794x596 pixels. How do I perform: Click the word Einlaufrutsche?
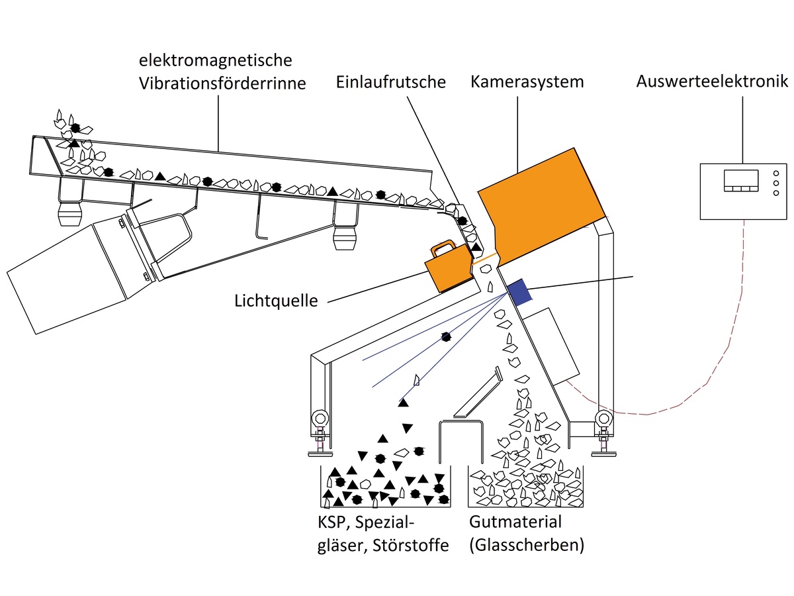tap(390, 82)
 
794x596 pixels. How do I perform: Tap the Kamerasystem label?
tap(527, 82)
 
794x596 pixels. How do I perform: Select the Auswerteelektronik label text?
tap(711, 81)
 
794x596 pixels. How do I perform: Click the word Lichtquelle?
tap(276, 301)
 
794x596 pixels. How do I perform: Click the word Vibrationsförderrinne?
tap(222, 83)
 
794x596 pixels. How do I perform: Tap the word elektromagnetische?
tap(215, 60)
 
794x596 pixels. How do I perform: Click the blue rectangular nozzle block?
tap(519, 292)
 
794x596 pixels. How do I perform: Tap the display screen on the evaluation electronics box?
tap(741, 180)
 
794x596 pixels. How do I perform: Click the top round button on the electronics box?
tap(775, 174)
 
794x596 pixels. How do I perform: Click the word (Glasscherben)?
tap(526, 545)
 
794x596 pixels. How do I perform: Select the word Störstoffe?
tap(410, 545)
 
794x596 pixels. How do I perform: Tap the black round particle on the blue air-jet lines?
tap(446, 337)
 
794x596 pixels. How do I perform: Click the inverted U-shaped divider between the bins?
tap(461, 442)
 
